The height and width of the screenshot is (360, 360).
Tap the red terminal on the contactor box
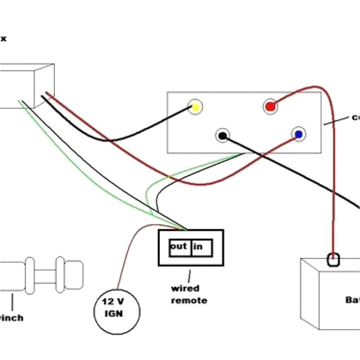270,107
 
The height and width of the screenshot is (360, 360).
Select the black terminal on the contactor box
223,135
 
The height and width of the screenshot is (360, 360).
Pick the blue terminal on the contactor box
298,134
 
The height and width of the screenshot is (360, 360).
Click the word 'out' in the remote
179,246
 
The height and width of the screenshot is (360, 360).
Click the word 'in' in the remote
198,247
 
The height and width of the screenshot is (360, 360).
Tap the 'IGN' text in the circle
114,313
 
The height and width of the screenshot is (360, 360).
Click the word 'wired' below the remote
185,289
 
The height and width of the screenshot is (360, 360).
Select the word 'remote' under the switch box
189,301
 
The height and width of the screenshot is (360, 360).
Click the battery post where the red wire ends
333,260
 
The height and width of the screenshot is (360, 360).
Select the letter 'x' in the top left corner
3,39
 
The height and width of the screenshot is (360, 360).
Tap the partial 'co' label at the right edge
355,117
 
